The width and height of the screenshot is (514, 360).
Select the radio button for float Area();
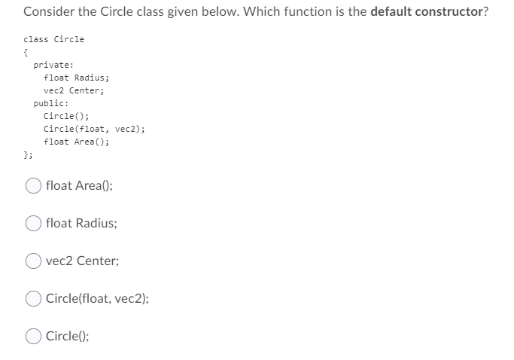coord(35,185)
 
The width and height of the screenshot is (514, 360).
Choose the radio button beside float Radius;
coord(35,223)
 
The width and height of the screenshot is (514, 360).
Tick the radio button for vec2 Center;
coord(35,261)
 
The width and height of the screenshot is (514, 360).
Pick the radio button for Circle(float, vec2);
coord(35,298)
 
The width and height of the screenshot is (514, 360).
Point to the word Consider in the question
coord(46,14)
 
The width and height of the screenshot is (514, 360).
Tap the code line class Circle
coord(54,39)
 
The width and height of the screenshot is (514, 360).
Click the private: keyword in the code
coord(48,65)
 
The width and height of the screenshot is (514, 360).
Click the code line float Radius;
coord(77,78)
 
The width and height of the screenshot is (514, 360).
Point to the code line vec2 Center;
coord(74,90)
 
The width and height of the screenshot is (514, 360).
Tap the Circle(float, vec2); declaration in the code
coord(94,129)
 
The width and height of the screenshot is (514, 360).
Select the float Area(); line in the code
coord(77,142)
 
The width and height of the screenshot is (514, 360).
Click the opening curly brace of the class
coord(26,53)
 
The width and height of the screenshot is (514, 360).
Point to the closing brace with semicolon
coord(28,154)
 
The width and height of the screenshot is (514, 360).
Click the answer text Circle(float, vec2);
coord(97,298)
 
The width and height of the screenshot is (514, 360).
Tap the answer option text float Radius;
coord(81,223)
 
